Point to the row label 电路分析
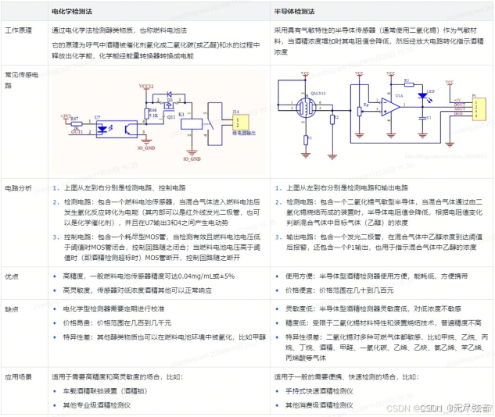[x=19, y=188]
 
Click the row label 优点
[x=12, y=276]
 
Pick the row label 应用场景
[x=19, y=376]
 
